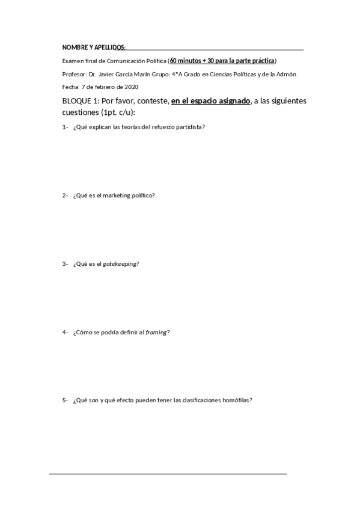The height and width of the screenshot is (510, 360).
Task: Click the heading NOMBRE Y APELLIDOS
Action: click(93, 48)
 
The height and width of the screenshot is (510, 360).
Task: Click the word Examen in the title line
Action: click(73, 61)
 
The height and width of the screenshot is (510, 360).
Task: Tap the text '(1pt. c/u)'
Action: click(118, 112)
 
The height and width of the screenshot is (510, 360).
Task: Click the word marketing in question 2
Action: click(115, 195)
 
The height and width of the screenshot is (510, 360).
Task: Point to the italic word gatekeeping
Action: click(121, 264)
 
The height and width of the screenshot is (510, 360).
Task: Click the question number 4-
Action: click(65, 332)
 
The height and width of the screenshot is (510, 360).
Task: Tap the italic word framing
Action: click(156, 332)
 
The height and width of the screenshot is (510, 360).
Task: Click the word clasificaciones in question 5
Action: click(200, 401)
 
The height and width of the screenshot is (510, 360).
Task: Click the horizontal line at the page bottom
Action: click(168, 474)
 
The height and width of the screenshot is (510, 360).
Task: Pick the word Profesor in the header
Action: click(74, 74)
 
